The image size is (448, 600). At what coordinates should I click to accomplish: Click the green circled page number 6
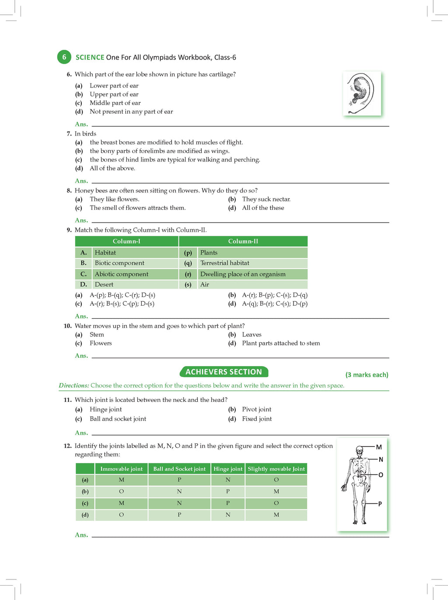(64, 57)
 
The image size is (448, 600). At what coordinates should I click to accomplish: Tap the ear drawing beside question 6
(362, 94)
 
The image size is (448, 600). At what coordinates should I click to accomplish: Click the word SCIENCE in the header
(90, 57)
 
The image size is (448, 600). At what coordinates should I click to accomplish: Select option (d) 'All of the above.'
(112, 168)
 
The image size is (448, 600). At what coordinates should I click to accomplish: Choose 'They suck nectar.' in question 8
(266, 199)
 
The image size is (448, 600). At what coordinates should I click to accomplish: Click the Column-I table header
(126, 241)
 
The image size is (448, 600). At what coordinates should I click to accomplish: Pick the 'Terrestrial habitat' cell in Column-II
(225, 263)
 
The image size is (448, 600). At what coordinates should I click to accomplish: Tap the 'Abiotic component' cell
(122, 274)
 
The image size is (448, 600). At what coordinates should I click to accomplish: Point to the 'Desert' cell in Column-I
(104, 285)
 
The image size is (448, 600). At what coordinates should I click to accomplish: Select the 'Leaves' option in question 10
(252, 335)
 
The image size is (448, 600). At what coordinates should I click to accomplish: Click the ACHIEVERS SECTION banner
(224, 372)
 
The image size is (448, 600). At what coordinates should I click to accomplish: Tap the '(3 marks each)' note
(367, 375)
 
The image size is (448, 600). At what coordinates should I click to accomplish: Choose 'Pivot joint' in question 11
(256, 409)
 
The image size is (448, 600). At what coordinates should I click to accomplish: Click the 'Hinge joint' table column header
(228, 469)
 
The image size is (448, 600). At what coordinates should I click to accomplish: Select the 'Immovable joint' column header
(121, 469)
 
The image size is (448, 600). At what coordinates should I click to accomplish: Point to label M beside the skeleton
(379, 447)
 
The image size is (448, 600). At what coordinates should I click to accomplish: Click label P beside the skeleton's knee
(380, 504)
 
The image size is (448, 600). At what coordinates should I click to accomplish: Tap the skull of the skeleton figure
(360, 450)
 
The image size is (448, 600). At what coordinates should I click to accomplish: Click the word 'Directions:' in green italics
(74, 386)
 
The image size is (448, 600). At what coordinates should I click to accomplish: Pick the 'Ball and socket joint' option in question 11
(118, 419)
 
